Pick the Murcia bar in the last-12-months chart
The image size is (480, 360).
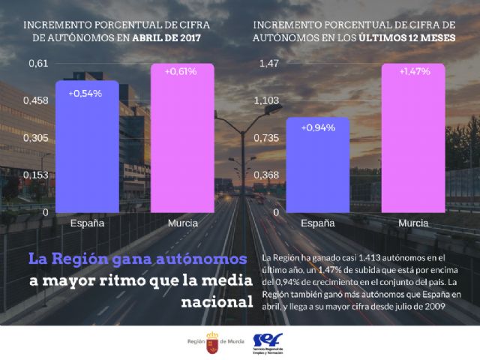413,139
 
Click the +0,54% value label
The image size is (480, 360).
85,94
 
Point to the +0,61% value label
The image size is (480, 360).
181,72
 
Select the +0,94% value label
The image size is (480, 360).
317,127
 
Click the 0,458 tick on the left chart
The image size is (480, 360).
38,100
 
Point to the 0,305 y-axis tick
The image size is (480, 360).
38,137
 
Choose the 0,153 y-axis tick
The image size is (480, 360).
38,175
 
